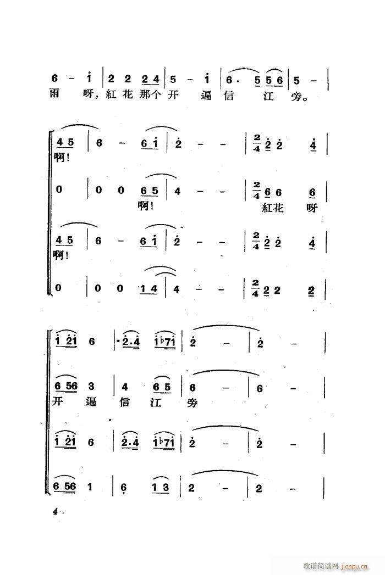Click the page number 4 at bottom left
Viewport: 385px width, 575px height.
[x=55, y=511]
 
